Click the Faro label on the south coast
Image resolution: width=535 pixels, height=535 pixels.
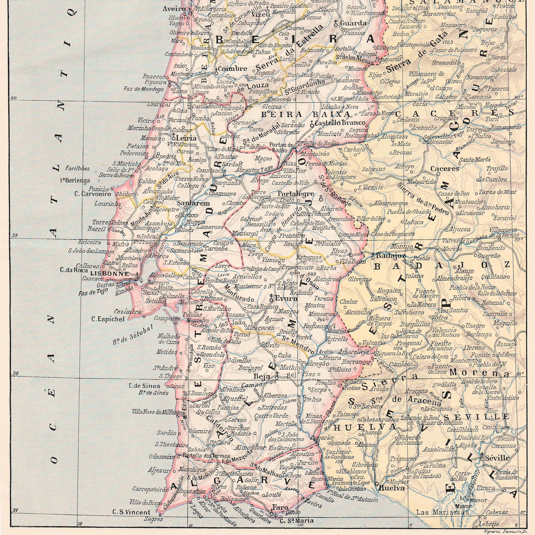(278, 508)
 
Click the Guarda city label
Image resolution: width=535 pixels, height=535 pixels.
(353, 23)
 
